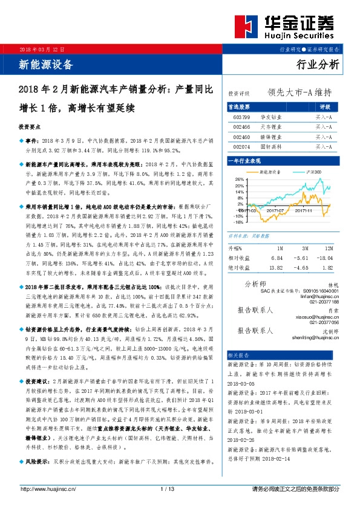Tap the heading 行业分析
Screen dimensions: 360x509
pyautogui.click(x=319, y=64)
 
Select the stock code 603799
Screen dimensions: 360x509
pyautogui.click(x=241, y=117)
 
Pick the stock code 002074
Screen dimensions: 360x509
pyautogui.click(x=241, y=146)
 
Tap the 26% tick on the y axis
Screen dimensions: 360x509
pyautogui.click(x=238, y=180)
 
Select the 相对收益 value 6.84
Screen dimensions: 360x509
pyautogui.click(x=278, y=258)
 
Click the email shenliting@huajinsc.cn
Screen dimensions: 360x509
pyautogui.click(x=315, y=339)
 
